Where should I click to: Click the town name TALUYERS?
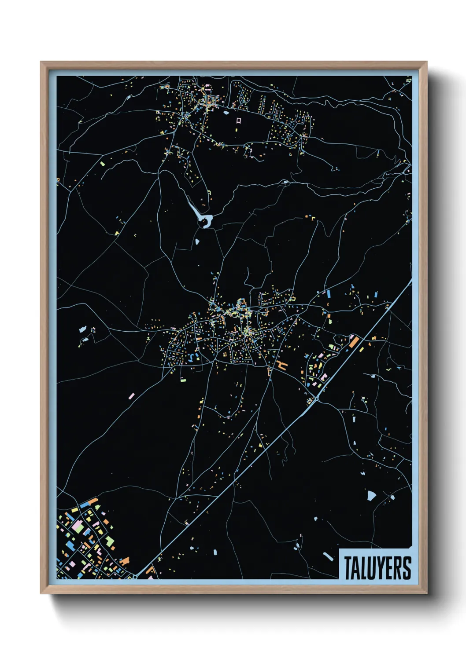[377, 568]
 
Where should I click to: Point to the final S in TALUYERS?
[407, 568]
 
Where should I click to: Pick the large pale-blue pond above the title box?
[371, 496]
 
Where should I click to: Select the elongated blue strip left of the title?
[328, 556]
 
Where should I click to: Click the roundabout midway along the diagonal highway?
[317, 399]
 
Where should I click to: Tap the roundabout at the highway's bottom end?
[133, 576]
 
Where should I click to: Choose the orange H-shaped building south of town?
[281, 364]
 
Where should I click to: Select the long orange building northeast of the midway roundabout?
[353, 342]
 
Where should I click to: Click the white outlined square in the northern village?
[238, 120]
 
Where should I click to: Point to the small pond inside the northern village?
[226, 113]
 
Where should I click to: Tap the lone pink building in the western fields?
[131, 396]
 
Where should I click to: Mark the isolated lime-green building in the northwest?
[103, 164]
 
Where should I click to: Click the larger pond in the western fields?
[82, 329]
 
